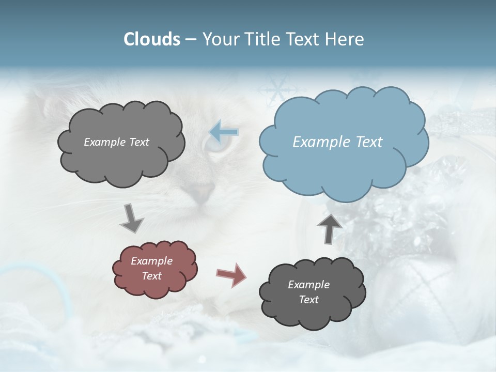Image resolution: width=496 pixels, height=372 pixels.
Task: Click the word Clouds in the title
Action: (152, 39)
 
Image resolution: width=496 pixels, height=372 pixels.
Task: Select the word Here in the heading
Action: (346, 39)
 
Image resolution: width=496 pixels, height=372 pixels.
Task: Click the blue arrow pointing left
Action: (224, 132)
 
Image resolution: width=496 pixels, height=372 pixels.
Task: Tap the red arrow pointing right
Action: (231, 274)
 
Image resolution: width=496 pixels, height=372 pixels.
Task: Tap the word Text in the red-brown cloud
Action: (152, 276)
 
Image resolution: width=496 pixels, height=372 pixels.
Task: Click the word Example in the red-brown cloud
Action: (151, 261)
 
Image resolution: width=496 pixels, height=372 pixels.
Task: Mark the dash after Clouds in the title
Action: (191, 39)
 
